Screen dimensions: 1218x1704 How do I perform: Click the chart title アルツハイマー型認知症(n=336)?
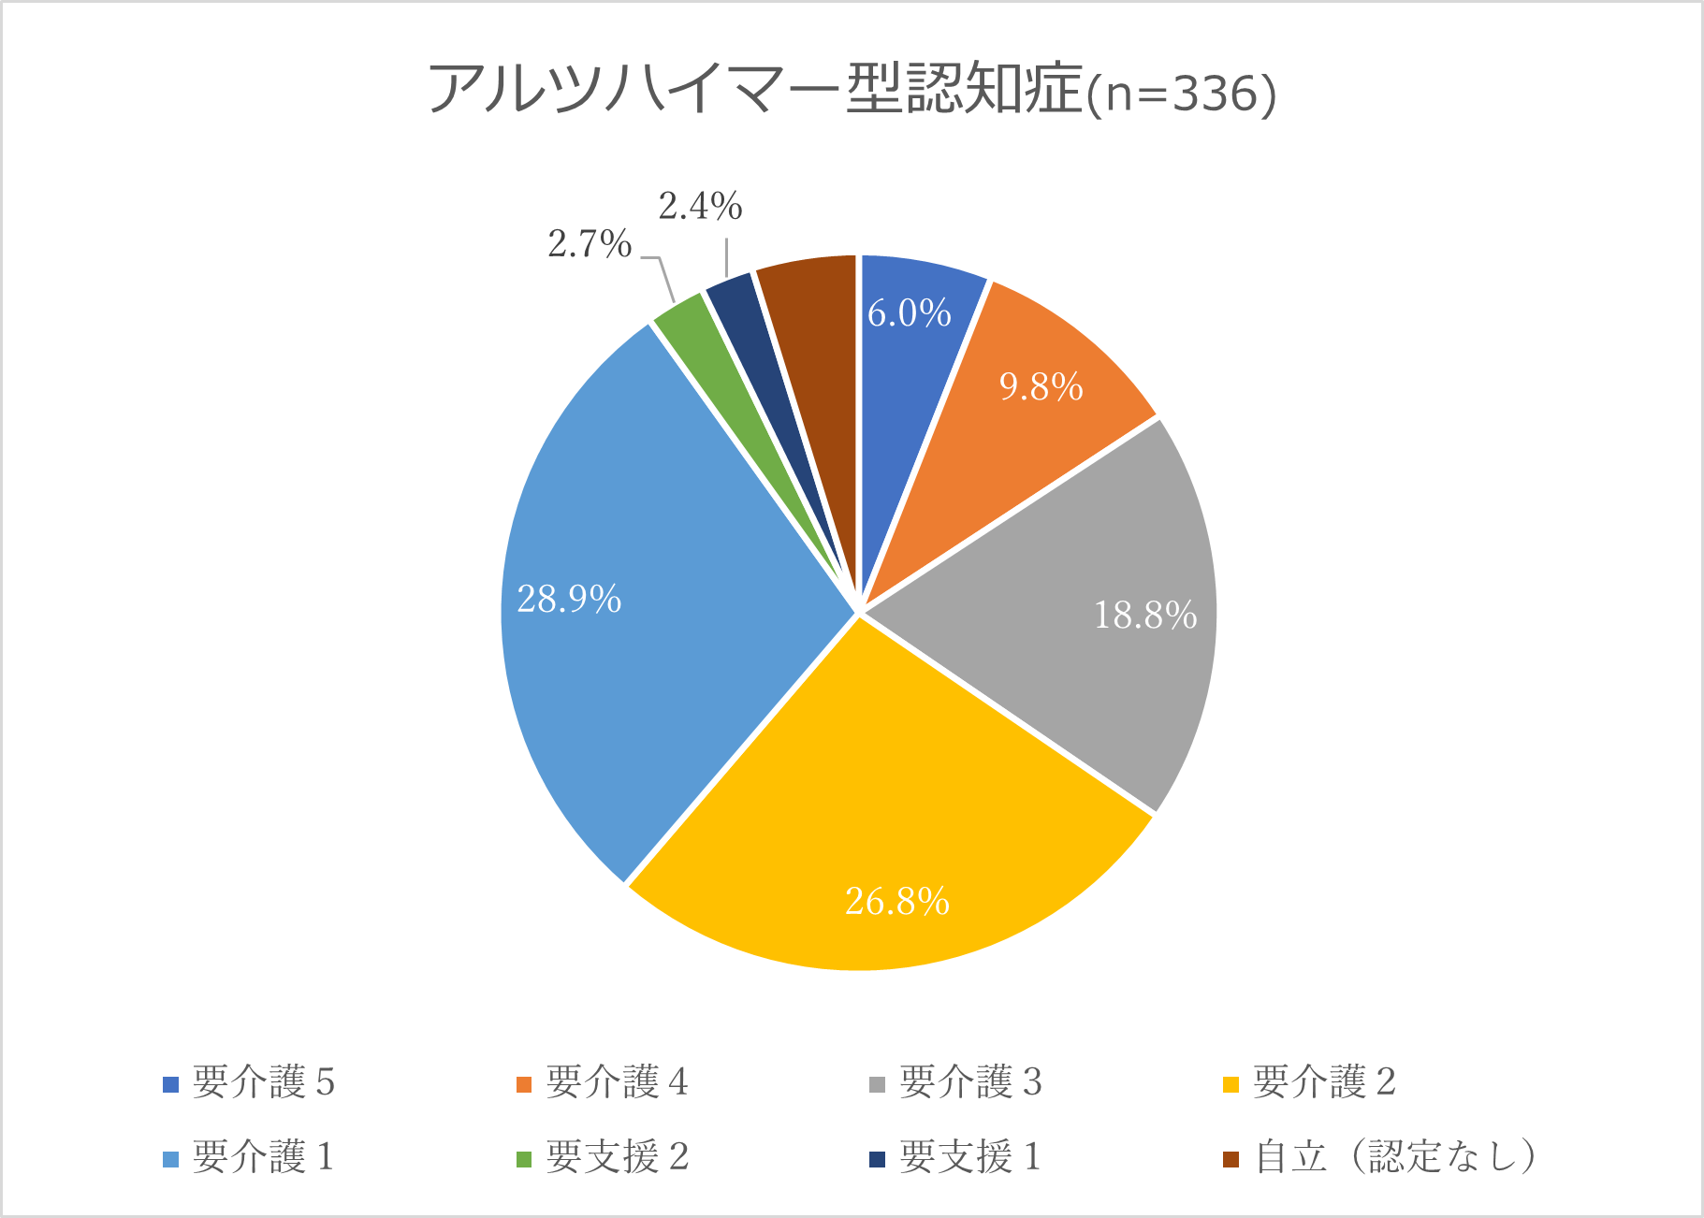pyautogui.click(x=852, y=91)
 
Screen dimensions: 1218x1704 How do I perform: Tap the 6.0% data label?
pyautogui.click(x=909, y=313)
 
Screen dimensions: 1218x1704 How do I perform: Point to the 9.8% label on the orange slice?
pyautogui.click(x=1041, y=386)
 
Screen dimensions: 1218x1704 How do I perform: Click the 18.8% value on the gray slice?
pyautogui.click(x=1144, y=615)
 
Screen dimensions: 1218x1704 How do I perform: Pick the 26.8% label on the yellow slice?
pyautogui.click(x=896, y=901)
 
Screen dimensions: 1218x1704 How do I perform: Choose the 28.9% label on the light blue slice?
pyautogui.click(x=569, y=599)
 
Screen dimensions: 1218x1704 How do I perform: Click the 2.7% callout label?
pyautogui.click(x=590, y=244)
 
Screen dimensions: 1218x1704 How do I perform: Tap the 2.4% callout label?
pyautogui.click(x=700, y=206)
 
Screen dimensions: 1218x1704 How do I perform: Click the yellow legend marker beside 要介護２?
pyautogui.click(x=1231, y=1084)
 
